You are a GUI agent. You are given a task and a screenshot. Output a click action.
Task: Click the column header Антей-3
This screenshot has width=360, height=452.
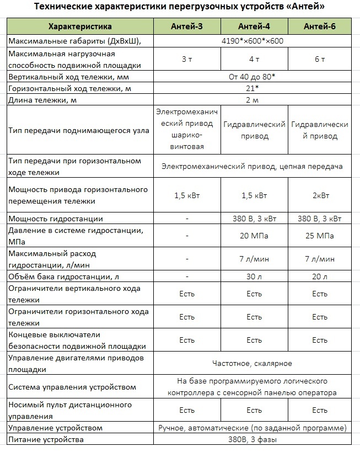tap(187, 26)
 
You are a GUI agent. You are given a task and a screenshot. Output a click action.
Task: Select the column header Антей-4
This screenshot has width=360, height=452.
tap(254, 26)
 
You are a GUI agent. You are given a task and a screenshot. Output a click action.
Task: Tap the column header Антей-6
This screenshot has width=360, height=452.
tap(320, 26)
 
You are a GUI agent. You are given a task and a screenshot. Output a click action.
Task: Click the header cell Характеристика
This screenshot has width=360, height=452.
tap(80, 26)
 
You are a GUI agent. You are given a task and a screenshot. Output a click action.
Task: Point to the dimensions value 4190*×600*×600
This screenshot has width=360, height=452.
tap(252, 41)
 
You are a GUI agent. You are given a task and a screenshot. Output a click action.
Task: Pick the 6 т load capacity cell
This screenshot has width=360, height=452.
tap(320, 60)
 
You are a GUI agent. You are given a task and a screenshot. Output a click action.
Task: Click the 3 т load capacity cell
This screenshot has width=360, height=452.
tap(187, 60)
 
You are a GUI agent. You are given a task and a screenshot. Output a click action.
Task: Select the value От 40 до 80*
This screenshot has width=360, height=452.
tap(252, 77)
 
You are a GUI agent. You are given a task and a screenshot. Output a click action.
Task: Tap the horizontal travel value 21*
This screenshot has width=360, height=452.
tap(252, 88)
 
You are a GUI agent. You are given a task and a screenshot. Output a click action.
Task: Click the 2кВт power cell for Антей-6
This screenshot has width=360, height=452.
tap(320, 195)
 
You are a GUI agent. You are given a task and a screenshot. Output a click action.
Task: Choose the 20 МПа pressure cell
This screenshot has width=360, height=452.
tap(254, 236)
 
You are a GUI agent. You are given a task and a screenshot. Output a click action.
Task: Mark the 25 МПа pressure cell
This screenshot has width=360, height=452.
tap(320, 236)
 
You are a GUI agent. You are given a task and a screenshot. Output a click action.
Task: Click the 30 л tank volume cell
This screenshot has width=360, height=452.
tap(254, 276)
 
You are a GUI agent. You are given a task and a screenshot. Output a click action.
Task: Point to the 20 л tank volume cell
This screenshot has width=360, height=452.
tap(320, 276)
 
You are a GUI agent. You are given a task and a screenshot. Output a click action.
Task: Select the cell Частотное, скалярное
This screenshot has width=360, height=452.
tap(252, 363)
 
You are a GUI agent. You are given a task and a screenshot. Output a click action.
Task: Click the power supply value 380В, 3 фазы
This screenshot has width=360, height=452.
tap(252, 440)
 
